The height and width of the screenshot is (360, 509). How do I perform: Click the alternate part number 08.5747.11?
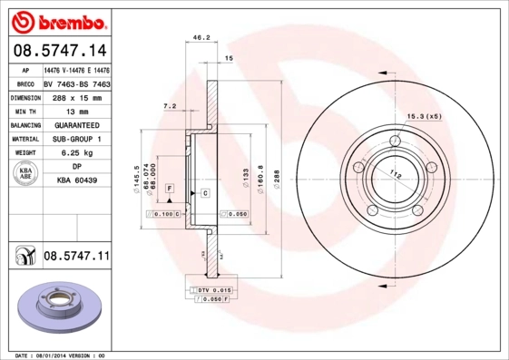point(76,258)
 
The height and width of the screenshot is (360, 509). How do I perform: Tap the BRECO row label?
point(25,83)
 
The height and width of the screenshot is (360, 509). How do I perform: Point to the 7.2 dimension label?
point(170,106)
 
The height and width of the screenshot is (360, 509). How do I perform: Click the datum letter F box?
point(169,188)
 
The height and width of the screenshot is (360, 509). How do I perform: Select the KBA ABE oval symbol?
point(26,174)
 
